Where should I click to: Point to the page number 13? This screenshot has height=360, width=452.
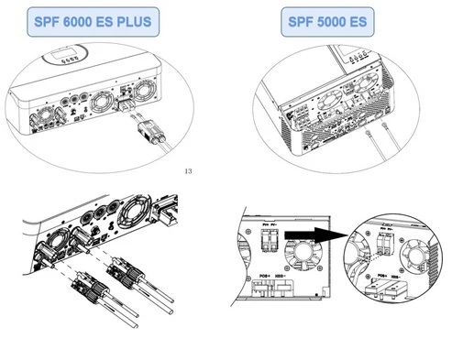tap(189, 170)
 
